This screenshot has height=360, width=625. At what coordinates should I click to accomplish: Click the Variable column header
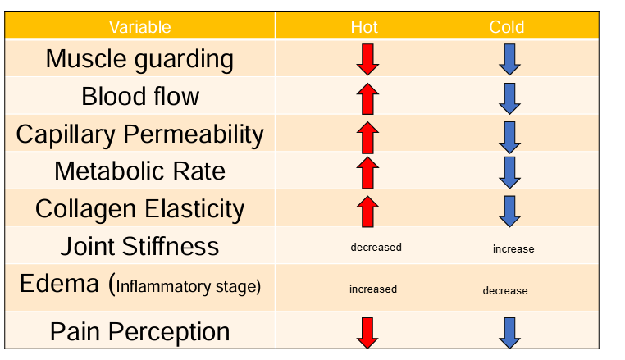(139, 27)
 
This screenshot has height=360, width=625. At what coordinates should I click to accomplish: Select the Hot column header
(364, 27)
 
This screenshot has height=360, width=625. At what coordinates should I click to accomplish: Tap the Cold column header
(506, 27)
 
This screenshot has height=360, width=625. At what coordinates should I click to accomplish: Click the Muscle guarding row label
(139, 59)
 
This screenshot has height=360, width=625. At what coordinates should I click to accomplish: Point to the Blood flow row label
(139, 96)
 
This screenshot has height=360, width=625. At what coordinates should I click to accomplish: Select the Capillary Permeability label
(139, 134)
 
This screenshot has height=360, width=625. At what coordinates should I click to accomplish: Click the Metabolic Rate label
(139, 171)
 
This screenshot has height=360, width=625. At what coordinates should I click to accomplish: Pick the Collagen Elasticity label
(139, 208)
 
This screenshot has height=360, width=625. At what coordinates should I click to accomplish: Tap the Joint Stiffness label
(139, 246)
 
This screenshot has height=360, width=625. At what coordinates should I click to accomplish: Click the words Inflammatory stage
(188, 286)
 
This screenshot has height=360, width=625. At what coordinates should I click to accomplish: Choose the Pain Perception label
(139, 331)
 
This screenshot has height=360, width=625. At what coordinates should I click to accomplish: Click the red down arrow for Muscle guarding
(367, 60)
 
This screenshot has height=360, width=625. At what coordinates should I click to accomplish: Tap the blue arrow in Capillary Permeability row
(510, 136)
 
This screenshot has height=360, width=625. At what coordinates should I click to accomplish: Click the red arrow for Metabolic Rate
(368, 172)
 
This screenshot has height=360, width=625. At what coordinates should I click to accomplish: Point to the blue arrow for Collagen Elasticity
(510, 211)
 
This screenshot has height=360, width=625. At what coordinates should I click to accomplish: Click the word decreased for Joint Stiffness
(376, 247)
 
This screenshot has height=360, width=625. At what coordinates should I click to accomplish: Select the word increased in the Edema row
(372, 289)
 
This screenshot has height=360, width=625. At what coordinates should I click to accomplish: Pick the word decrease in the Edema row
(504, 290)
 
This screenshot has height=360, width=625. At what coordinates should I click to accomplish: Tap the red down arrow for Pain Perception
(367, 332)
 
